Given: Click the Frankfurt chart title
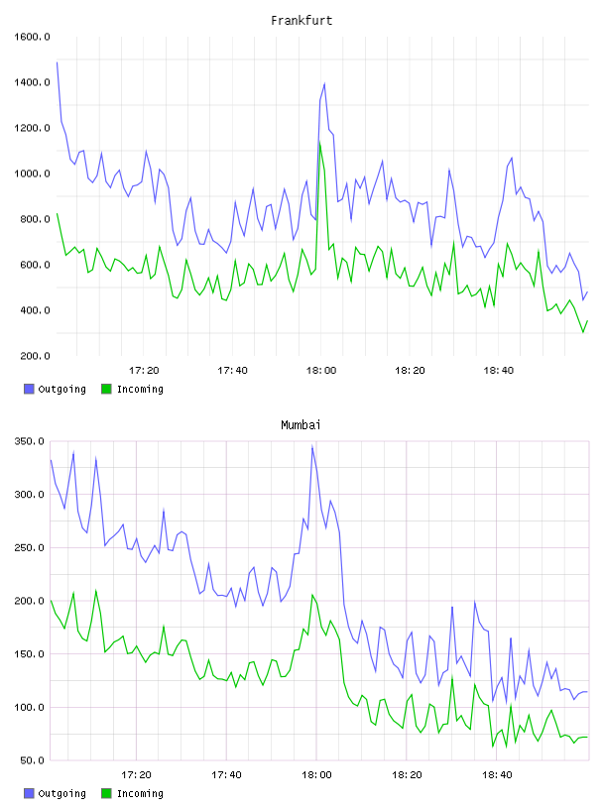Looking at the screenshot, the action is coord(301,21).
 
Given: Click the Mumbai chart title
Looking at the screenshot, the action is coord(301,425).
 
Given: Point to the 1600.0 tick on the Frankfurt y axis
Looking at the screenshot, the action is coord(32,37).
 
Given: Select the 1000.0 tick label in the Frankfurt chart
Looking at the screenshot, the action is coord(32,173).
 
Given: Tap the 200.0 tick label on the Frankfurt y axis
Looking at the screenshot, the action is coord(35,356).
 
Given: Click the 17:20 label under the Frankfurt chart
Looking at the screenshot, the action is coord(144,371).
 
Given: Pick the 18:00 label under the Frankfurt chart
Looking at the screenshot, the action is coord(321,371).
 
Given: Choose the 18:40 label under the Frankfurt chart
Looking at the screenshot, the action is coord(499,371).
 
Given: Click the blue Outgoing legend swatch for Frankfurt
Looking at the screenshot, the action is coord(29,389).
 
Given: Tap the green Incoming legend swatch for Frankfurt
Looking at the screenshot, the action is coord(106,389).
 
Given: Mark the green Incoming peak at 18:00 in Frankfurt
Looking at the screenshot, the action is coord(320,143).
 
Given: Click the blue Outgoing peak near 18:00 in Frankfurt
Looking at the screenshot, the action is coord(324,83).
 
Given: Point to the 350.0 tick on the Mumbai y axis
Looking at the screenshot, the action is coord(29,441).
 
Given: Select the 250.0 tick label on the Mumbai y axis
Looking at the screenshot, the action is coord(29,547).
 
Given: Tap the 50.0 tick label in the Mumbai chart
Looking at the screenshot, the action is coord(32,760).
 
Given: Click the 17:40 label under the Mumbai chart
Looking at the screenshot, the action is coord(226,775).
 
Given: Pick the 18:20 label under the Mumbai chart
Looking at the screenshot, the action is coord(407,775).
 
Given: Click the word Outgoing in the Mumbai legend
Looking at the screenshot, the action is coord(61,793).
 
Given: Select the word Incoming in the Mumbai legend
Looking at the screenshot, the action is coord(140,793).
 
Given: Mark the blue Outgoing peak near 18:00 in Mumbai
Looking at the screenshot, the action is coord(312,447).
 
